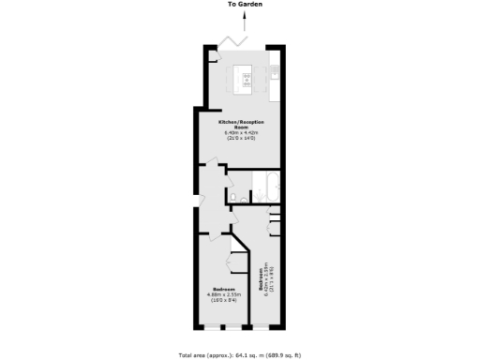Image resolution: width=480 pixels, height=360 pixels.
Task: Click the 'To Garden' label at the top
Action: click(244, 5)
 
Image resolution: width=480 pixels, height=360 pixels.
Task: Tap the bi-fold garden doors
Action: click(232, 43)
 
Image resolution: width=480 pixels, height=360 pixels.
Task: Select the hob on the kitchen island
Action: click(247, 76)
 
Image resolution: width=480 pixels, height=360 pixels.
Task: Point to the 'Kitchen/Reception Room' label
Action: click(240, 126)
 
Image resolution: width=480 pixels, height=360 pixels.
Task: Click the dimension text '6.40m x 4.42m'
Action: click(240, 134)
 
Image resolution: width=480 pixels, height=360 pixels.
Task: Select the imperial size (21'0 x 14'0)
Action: click(240, 140)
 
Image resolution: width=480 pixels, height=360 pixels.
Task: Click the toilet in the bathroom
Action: click(242, 198)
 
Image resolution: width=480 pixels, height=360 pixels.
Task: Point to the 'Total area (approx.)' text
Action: click(202, 355)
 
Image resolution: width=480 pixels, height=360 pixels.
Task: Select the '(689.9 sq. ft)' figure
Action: click(283, 355)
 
